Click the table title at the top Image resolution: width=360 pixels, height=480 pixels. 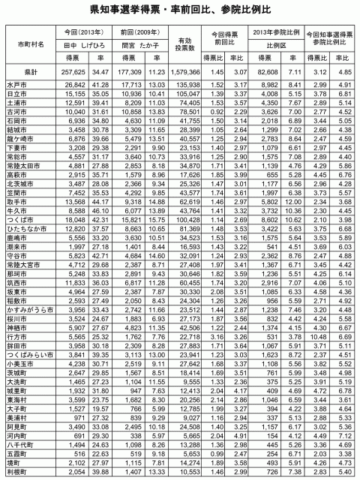pos(179,10)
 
